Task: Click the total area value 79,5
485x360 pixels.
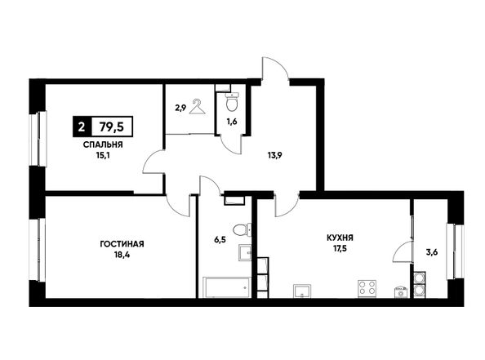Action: (x=111, y=127)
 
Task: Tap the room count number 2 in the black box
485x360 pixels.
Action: (x=82, y=127)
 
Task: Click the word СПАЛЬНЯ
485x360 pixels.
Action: (x=103, y=144)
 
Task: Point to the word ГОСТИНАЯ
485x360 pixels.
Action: (x=122, y=244)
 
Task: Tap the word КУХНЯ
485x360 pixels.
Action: (x=340, y=238)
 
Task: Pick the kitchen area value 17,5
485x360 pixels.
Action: (x=340, y=248)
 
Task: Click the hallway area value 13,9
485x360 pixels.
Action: (x=274, y=156)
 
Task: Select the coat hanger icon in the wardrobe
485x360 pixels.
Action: (x=198, y=107)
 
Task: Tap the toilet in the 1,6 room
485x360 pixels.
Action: (x=232, y=102)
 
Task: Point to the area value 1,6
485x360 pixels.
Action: (x=232, y=122)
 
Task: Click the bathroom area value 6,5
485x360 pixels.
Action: (x=218, y=239)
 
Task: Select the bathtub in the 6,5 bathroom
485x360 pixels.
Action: (x=226, y=287)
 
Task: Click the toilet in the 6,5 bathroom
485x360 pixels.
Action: (x=242, y=230)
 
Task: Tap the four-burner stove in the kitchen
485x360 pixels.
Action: (x=367, y=288)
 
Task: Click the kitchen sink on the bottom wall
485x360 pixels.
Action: (x=303, y=291)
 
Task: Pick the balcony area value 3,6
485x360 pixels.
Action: (x=432, y=251)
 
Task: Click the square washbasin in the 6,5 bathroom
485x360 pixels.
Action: (x=245, y=252)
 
